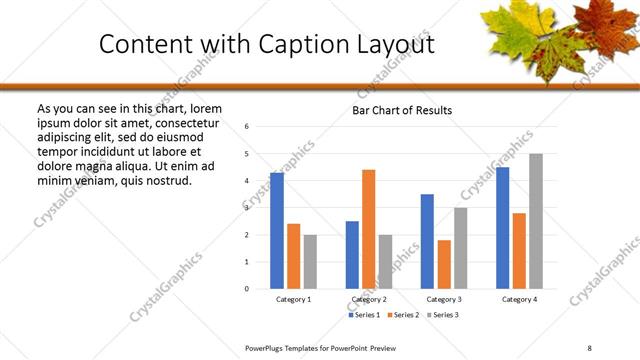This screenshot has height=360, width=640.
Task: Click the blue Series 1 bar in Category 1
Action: point(277,231)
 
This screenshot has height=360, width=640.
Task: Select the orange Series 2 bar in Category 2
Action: point(368,229)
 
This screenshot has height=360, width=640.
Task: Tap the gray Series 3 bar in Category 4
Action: point(536,221)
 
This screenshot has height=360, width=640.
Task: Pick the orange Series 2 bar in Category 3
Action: point(444,264)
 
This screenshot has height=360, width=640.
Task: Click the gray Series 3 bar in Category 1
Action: point(310,262)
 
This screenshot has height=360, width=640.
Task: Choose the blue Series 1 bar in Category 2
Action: point(352,255)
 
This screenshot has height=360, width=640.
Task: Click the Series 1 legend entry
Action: point(364,315)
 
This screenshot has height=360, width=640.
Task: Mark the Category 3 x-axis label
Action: point(444,300)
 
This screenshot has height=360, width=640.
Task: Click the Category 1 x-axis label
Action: point(293,300)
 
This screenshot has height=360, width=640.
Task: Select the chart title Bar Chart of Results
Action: point(402,110)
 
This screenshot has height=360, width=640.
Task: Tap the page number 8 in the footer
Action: point(589,346)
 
